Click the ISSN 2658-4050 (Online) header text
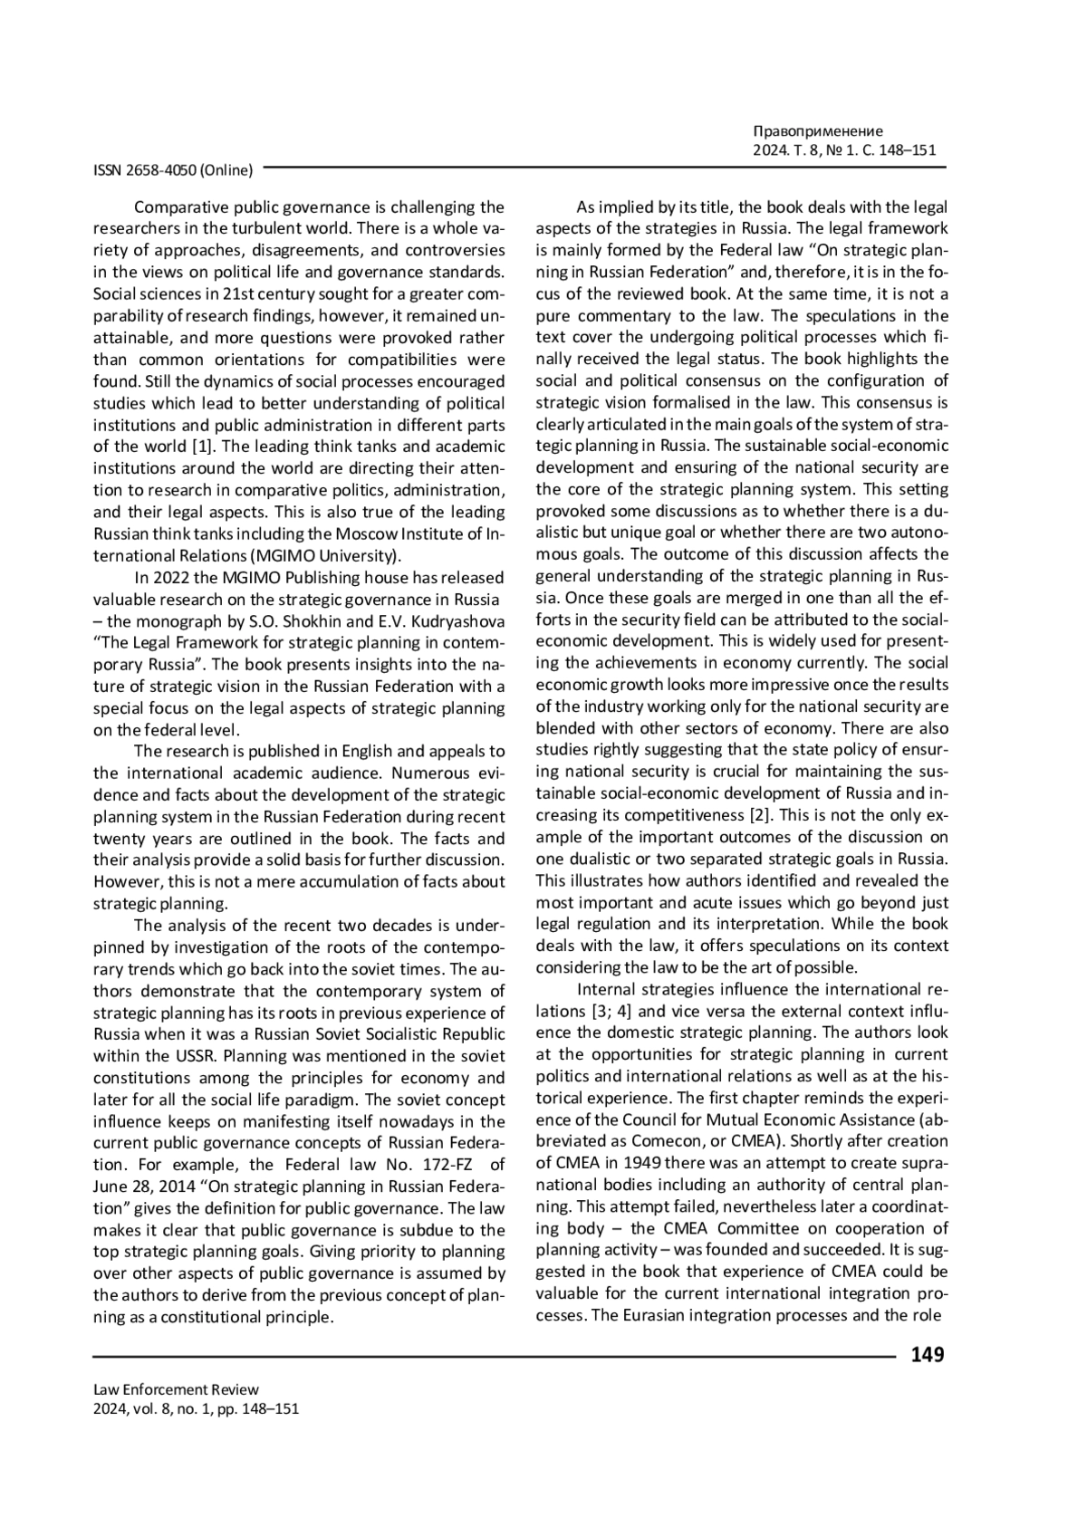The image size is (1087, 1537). [x=173, y=168]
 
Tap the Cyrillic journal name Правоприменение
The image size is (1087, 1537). [x=817, y=131]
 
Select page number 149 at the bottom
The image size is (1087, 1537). [x=927, y=1355]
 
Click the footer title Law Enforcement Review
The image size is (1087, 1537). [x=176, y=1389]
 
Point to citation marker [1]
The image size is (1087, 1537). [x=202, y=447]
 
